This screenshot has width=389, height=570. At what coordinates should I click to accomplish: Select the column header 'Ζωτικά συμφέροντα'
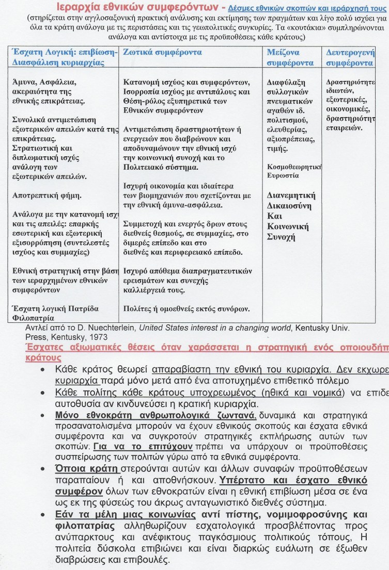156,53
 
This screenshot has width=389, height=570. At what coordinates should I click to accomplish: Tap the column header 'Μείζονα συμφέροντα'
290,58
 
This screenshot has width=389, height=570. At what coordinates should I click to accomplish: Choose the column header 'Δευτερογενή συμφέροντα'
350,58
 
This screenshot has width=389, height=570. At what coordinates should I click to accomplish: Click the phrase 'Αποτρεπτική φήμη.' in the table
46,196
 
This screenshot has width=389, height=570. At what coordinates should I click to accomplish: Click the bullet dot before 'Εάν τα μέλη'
45,515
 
